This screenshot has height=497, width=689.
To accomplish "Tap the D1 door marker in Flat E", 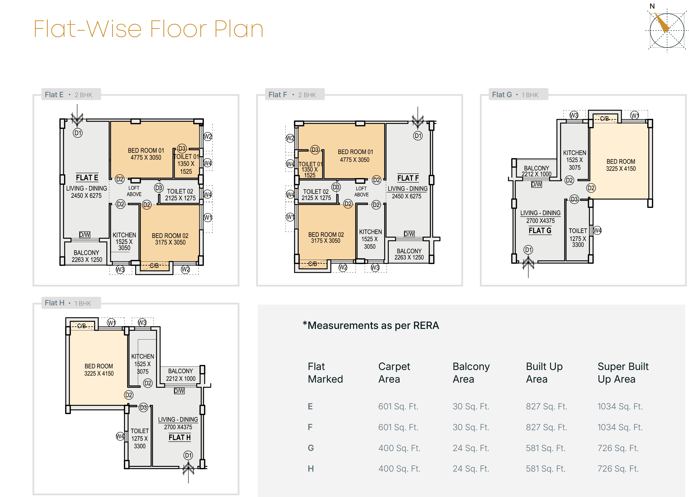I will click(78, 133).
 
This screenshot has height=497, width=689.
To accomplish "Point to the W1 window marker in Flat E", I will click(208, 217).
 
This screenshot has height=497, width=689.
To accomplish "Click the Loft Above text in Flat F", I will click(361, 192).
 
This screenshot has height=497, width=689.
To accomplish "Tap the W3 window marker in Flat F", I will click(375, 268).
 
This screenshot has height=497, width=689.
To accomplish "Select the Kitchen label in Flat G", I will click(574, 160).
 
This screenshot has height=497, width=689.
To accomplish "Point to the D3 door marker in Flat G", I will click(574, 199).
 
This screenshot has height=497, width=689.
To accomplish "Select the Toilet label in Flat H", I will click(140, 438).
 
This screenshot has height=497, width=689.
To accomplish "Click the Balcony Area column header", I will click(471, 373).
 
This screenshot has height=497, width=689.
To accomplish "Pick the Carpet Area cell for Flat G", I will click(399, 448).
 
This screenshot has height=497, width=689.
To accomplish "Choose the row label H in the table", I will click(311, 469).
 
